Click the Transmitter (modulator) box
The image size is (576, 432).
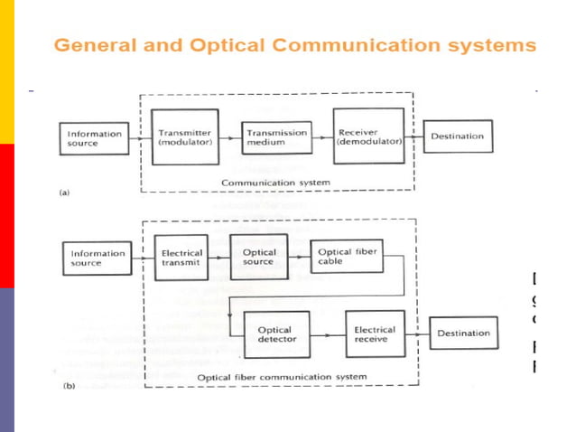click(185, 137)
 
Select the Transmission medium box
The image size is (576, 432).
click(276, 137)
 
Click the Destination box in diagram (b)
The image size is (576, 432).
click(463, 333)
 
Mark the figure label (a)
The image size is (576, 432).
click(63, 193)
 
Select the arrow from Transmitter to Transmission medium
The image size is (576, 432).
click(230, 137)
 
